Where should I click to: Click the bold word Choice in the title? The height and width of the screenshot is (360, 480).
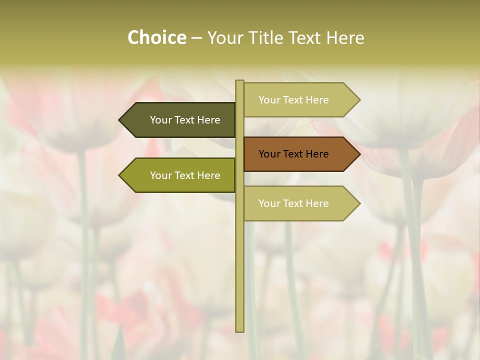coord(156,37)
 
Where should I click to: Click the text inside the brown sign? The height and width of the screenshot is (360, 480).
coord(293,154)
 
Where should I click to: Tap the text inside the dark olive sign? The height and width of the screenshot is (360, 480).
coord(185,120)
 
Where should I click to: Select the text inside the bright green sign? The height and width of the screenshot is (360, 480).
coord(185,175)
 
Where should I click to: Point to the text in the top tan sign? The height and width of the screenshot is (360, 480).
coord(293,100)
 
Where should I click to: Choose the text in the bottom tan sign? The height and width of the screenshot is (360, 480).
coord(293,203)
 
